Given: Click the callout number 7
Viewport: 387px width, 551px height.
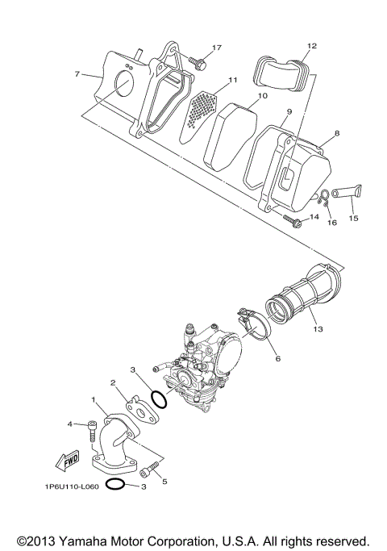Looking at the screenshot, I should [77, 74].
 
